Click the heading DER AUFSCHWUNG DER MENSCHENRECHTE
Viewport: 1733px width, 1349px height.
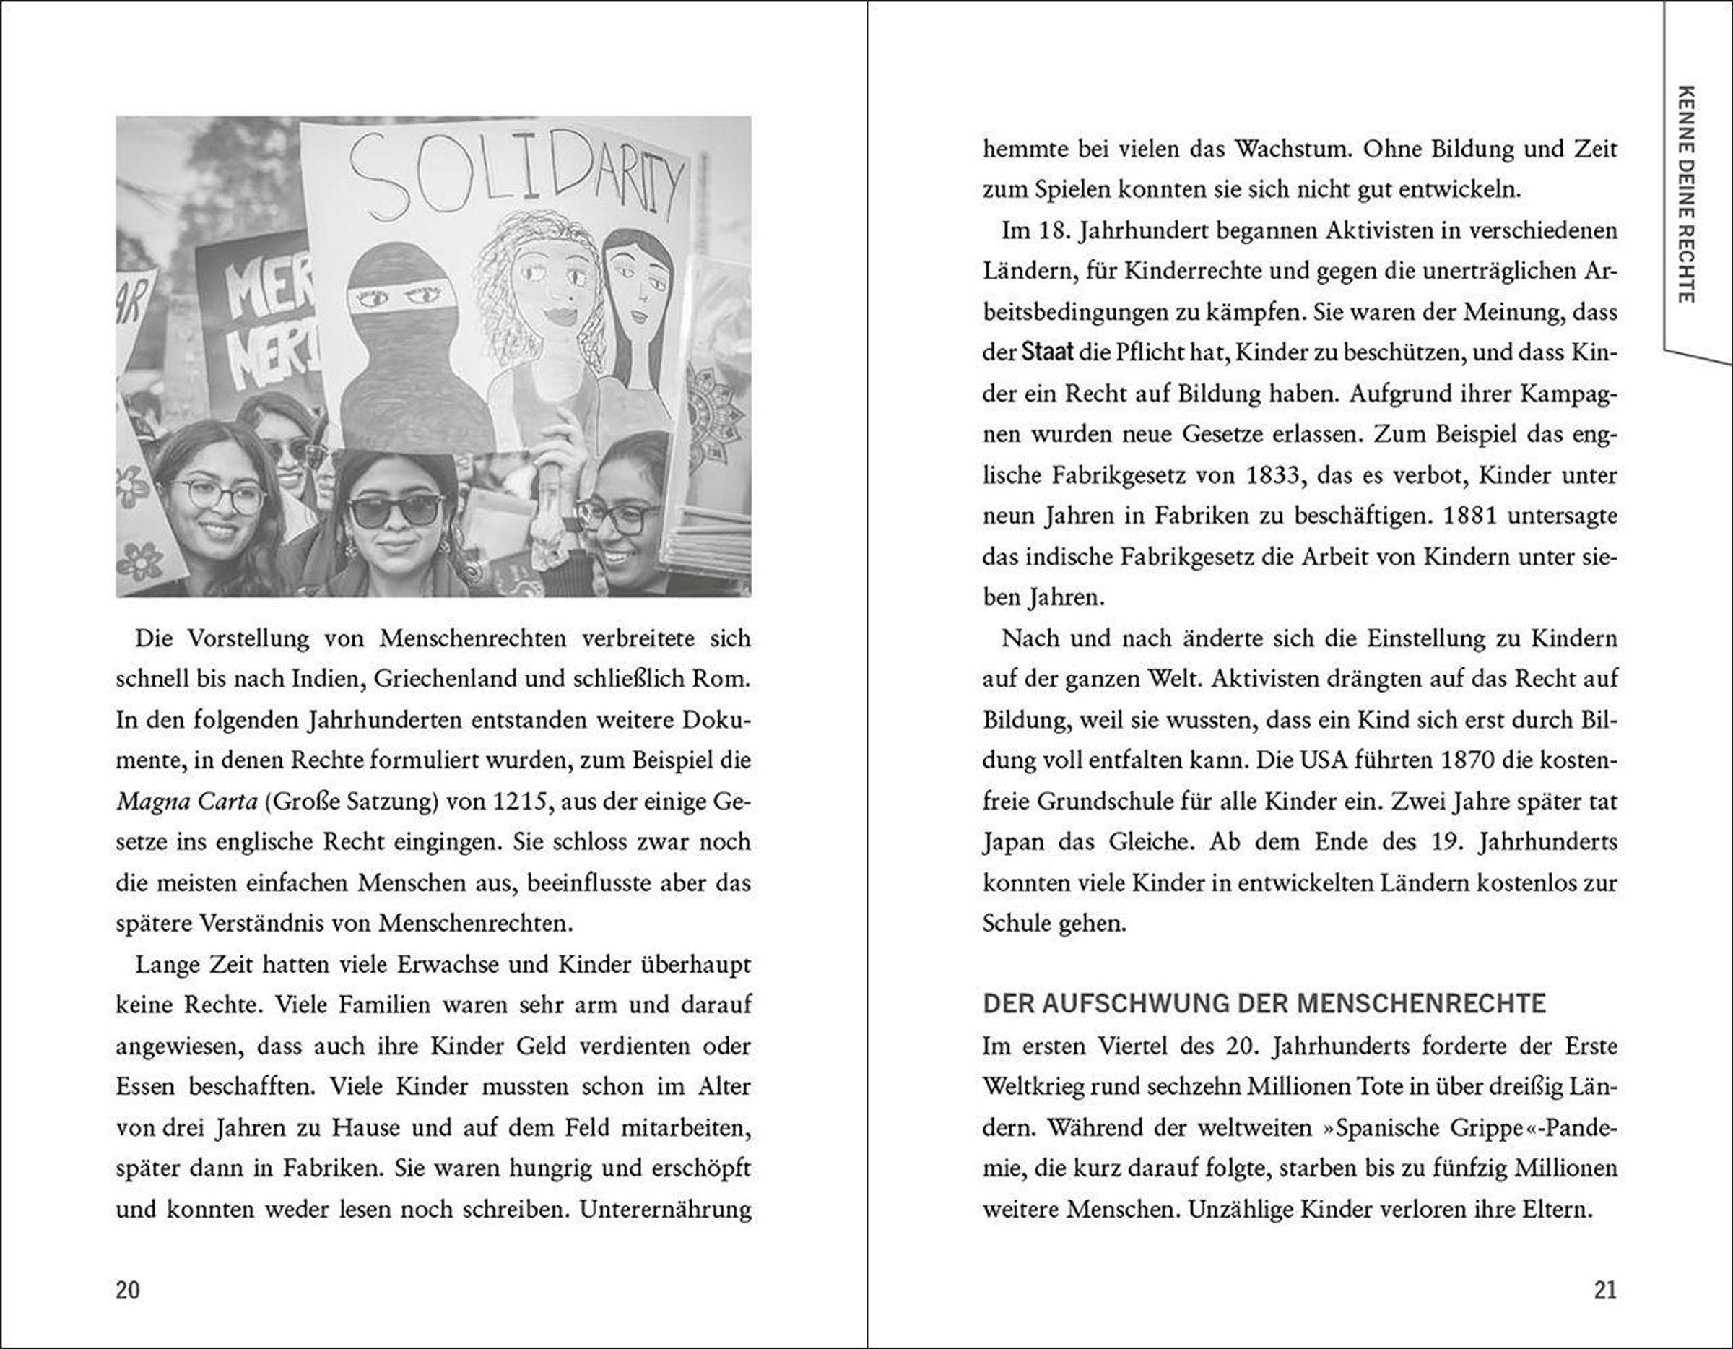click(1264, 1004)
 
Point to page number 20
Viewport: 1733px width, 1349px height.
click(128, 1290)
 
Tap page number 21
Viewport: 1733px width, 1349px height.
click(1604, 1290)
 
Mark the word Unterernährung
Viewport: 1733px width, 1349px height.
click(665, 1210)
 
